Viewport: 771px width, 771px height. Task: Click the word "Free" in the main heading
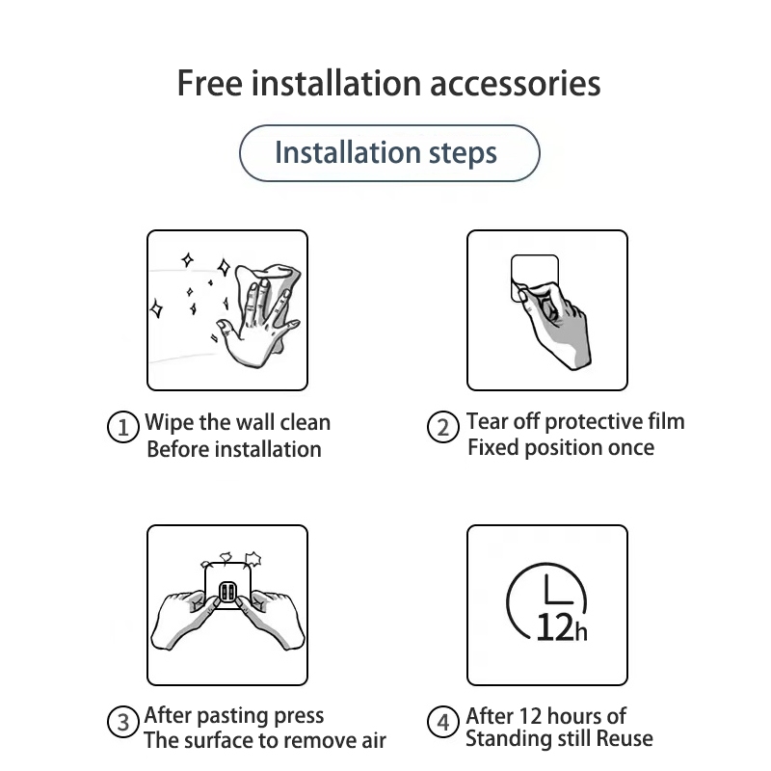coord(209,83)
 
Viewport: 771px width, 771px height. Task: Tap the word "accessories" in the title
coord(516,84)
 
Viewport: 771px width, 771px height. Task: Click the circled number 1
coord(123,426)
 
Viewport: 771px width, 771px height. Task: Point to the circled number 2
coord(443,426)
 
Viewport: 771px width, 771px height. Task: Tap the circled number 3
coord(123,721)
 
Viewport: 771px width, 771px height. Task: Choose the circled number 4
coord(443,721)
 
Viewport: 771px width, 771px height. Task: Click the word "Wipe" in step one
coord(170,423)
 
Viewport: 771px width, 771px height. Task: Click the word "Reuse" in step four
coord(625,738)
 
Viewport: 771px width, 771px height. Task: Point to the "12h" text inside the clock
coord(562,627)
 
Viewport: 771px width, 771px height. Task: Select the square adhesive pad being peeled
coord(535,277)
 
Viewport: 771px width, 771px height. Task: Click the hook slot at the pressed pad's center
coord(227,592)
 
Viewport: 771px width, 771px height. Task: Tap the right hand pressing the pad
coord(271,621)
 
